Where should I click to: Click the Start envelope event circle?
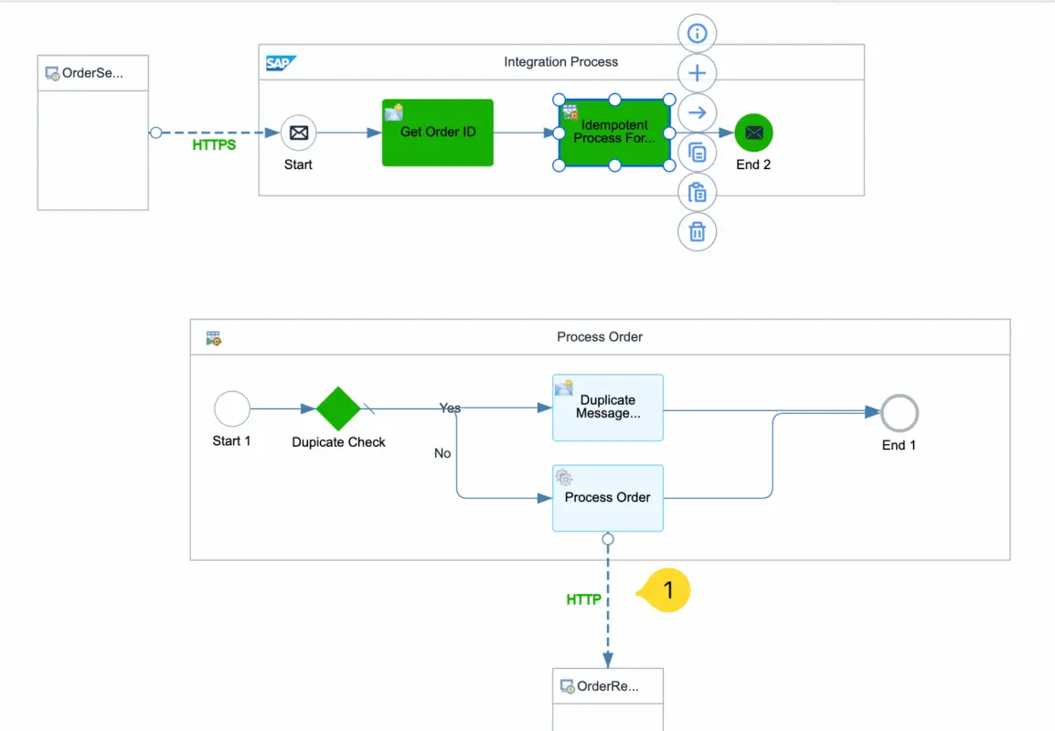(x=298, y=132)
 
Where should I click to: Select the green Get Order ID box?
(x=438, y=132)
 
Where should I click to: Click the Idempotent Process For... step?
(x=614, y=132)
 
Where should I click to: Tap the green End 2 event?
(x=754, y=132)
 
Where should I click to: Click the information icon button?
(x=698, y=34)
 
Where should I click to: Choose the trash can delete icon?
(x=698, y=232)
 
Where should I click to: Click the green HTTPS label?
(x=214, y=144)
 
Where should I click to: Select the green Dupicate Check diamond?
(x=339, y=408)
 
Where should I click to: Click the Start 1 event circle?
(x=232, y=408)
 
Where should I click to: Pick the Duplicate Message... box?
(x=608, y=408)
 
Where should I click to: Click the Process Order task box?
(x=608, y=498)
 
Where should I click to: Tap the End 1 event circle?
(x=899, y=414)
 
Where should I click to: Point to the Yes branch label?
(x=450, y=408)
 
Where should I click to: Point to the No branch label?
(x=442, y=453)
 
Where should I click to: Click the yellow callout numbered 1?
(x=666, y=590)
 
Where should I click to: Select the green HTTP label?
(x=584, y=599)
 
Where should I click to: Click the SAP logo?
(x=280, y=63)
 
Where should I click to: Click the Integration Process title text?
(x=561, y=62)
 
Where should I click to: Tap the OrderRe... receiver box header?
(x=608, y=686)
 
